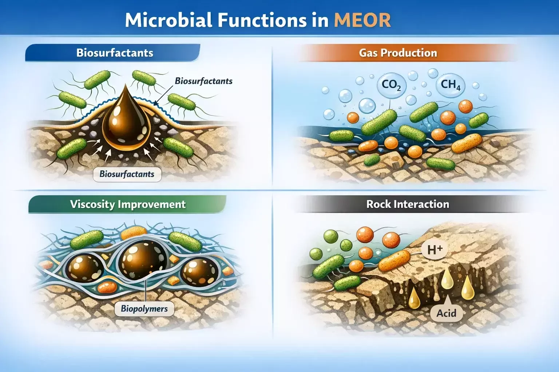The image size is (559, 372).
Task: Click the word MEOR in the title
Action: pos(362,20)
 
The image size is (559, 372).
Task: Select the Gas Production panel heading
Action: pos(398,53)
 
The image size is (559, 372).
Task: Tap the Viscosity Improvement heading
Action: pos(128,204)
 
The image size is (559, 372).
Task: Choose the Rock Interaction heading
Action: pos(408,204)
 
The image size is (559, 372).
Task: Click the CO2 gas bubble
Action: pos(391,85)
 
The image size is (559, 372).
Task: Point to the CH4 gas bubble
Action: pos(450,85)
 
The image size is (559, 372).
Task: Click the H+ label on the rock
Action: pos(435,250)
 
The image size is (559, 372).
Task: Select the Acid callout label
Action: pos(446,313)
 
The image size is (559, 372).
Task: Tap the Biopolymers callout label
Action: pos(144,309)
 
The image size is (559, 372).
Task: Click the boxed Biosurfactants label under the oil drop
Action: pos(127,174)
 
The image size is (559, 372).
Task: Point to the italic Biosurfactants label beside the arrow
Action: pos(203,81)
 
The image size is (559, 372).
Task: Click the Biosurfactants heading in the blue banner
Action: pos(115,53)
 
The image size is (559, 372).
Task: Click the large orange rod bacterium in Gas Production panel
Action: pos(467,143)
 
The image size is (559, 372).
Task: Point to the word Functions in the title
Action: pos(262,20)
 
